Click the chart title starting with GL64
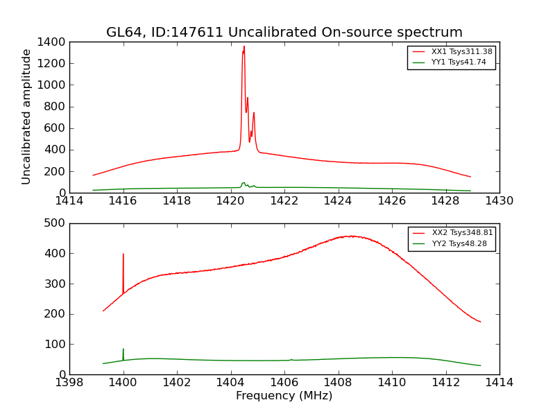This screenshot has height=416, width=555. (x=284, y=33)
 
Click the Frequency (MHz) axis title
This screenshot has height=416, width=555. (x=284, y=396)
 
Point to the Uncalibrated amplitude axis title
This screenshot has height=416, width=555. (x=27, y=116)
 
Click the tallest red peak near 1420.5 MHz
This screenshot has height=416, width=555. (x=244, y=47)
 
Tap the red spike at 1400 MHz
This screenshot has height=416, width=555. (x=123, y=254)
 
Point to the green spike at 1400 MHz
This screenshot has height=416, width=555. (x=123, y=349)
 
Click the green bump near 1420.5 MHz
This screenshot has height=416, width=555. (x=244, y=183)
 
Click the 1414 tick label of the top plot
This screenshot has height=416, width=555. (x=69, y=201)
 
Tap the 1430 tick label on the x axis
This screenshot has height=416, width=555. (x=499, y=201)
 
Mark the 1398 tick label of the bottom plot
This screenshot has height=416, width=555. (x=69, y=383)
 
